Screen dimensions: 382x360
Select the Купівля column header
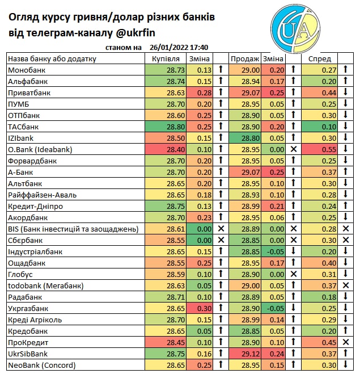coord(166,59)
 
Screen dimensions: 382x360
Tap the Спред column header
coord(316,59)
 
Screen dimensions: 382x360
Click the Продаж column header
coord(244,59)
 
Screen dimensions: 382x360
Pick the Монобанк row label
coord(27,70)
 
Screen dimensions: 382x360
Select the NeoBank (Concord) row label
coord(42,365)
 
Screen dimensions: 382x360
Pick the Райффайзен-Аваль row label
coord(43,195)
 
